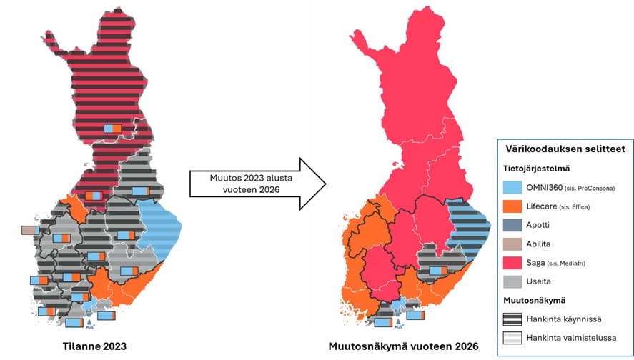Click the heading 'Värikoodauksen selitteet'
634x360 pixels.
[560, 149]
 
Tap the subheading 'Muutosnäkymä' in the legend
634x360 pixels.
[535, 299]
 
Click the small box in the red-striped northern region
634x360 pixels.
[113, 128]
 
